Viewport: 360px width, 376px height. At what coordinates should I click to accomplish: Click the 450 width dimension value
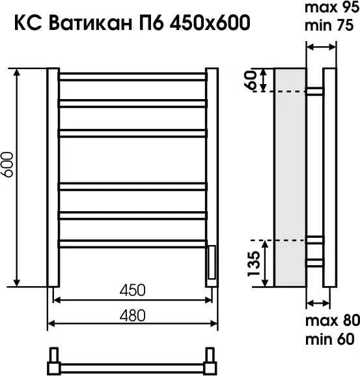[x=132, y=290]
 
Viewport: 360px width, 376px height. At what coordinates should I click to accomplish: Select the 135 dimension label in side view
[x=255, y=263]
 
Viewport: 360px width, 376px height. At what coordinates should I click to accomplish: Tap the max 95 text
[x=330, y=9]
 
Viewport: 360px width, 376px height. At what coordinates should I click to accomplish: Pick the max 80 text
[x=330, y=322]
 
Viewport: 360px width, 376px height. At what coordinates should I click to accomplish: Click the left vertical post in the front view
[x=53, y=176]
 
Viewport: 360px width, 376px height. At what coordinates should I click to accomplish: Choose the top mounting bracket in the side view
[x=314, y=91]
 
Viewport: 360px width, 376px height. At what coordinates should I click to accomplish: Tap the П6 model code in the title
[x=150, y=24]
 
